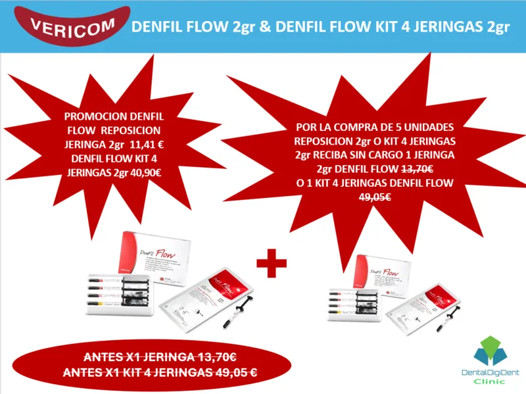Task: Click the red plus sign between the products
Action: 270,264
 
